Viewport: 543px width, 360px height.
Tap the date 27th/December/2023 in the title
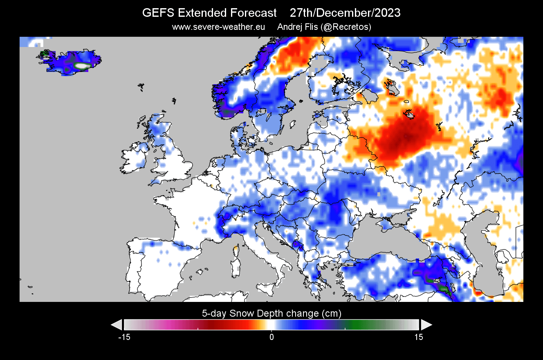point(345,13)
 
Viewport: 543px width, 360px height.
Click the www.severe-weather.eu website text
point(218,27)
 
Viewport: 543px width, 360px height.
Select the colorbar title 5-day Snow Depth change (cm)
point(271,313)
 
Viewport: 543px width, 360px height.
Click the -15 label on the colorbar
point(124,337)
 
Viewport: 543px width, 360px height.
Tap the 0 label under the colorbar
point(271,337)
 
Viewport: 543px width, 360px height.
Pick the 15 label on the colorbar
point(419,337)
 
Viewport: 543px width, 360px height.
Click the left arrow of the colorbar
point(117,325)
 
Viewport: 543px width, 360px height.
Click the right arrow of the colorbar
point(426,325)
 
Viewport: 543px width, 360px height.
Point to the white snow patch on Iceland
point(82,65)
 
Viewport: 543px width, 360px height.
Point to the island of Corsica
point(236,249)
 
